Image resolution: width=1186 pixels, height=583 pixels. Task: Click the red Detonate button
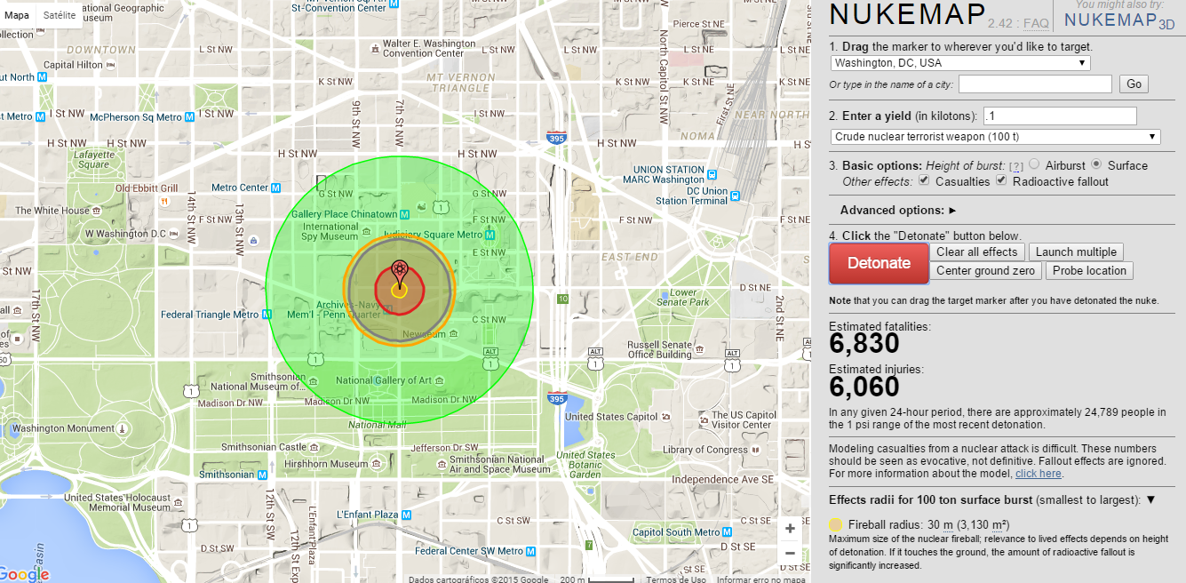879,263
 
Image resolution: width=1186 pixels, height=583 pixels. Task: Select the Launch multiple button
1076,252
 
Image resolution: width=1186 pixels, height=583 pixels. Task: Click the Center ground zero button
985,271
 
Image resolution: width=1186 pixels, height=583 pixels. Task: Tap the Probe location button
1089,271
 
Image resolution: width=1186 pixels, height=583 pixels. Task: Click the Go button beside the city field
1134,84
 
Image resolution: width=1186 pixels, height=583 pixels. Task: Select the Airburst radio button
1034,164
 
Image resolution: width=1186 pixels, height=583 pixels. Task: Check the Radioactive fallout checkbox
1001,180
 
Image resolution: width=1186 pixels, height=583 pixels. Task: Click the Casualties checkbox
924,180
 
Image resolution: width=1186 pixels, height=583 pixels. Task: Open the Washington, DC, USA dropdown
960,63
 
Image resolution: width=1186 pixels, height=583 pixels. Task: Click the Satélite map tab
59,15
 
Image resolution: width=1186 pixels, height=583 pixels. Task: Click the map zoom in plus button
790,529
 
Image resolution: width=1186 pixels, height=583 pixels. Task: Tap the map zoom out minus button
790,554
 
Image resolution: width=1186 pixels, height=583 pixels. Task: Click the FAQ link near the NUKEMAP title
1036,23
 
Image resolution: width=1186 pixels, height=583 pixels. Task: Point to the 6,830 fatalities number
864,343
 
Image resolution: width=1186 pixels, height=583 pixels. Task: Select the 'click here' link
1039,474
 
